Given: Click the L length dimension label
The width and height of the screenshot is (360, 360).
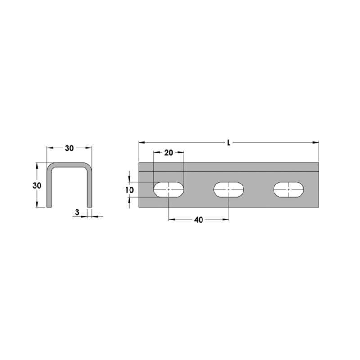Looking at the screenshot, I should (x=229, y=143).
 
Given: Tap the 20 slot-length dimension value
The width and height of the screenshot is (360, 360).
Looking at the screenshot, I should (x=168, y=153).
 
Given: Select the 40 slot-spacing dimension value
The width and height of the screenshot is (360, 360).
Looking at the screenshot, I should (x=198, y=220).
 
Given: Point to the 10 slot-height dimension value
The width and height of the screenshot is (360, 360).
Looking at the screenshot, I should (x=130, y=190).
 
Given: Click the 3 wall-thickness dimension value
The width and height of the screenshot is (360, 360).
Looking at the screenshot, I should (x=77, y=212).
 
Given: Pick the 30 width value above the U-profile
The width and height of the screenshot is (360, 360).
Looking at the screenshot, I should (x=70, y=148).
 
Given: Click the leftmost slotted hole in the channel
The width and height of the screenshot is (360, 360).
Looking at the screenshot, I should (x=169, y=190).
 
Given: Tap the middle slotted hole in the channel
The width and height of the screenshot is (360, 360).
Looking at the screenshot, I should (x=229, y=190).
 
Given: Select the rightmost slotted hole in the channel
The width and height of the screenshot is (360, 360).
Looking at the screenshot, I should (x=289, y=190).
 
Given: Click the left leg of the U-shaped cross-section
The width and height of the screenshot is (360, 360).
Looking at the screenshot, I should (x=49, y=189).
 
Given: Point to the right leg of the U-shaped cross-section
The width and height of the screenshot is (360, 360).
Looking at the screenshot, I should (x=90, y=189).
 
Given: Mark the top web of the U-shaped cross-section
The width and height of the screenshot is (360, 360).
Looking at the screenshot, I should (x=69, y=165).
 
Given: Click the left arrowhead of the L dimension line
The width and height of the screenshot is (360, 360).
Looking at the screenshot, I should (x=140, y=142).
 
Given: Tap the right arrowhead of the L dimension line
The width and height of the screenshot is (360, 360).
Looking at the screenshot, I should (x=317, y=142).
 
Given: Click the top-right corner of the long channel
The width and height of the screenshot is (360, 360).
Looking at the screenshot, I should (x=319, y=163).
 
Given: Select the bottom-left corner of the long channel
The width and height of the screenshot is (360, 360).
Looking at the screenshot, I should (x=139, y=207).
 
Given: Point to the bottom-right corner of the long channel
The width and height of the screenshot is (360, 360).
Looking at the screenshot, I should (x=319, y=207).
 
